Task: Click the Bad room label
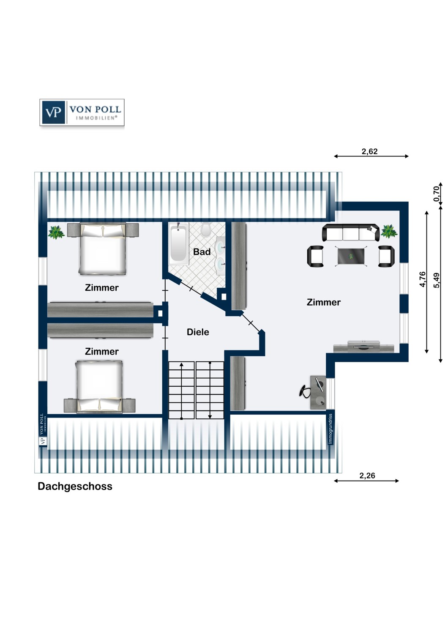tap(202, 251)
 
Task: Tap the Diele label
tap(198, 332)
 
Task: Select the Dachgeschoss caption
tap(75, 486)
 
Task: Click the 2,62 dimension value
tap(369, 151)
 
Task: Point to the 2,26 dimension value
tap(367, 476)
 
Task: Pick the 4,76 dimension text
tap(422, 279)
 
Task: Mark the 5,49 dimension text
tap(437, 281)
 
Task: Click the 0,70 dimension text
tap(437, 194)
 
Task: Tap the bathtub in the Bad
tap(178, 244)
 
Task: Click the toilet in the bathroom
tap(206, 229)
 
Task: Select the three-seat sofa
tap(351, 232)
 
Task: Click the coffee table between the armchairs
tap(351, 256)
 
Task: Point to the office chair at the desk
tap(305, 391)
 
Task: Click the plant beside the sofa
tap(389, 231)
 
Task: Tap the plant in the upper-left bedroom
tap(56, 232)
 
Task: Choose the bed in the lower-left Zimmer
tap(99, 387)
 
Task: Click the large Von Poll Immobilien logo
tap(82, 112)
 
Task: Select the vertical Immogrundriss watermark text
tap(330, 429)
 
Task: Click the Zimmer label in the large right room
tap(323, 302)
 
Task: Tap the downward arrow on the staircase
tap(210, 390)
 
